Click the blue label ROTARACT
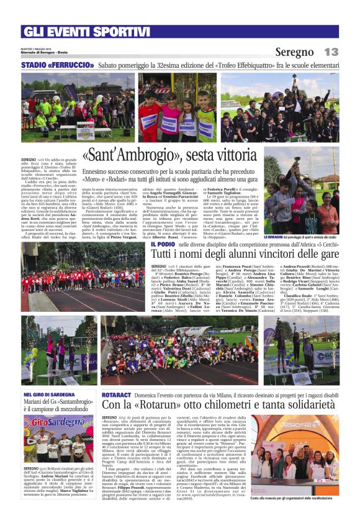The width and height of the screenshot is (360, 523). [x=115, y=394]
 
